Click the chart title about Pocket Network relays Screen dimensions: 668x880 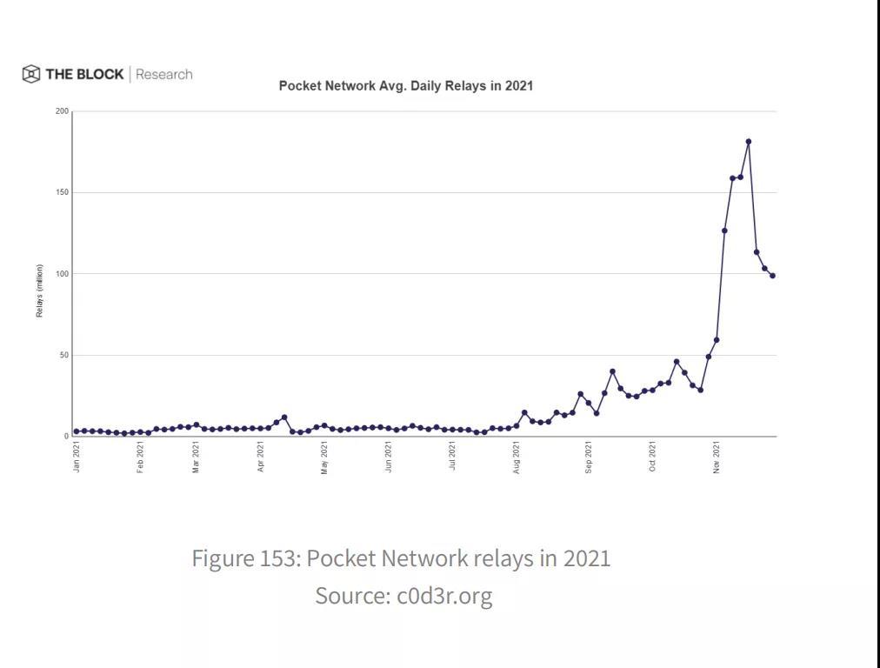point(405,86)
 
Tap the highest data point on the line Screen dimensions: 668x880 point(748,142)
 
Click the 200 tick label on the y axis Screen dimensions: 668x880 point(62,111)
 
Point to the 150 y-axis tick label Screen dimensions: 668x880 point(62,192)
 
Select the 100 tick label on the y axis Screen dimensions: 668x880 point(62,274)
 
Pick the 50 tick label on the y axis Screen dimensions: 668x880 point(63,355)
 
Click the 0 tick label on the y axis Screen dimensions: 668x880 point(65,437)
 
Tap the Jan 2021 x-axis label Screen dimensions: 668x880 point(77,457)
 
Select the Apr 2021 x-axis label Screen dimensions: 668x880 point(261,457)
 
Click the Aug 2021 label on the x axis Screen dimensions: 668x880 point(517,457)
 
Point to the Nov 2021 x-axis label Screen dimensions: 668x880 point(717,457)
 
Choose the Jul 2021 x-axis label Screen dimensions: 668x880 point(452,457)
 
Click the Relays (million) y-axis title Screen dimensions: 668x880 point(40,291)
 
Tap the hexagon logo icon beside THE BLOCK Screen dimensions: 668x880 point(31,74)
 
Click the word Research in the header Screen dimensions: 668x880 point(164,75)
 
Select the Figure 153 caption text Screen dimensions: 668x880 point(401,558)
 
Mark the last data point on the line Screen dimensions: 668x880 point(772,276)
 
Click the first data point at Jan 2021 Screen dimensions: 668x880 point(77,431)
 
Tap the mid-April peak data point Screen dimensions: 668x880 point(284,417)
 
